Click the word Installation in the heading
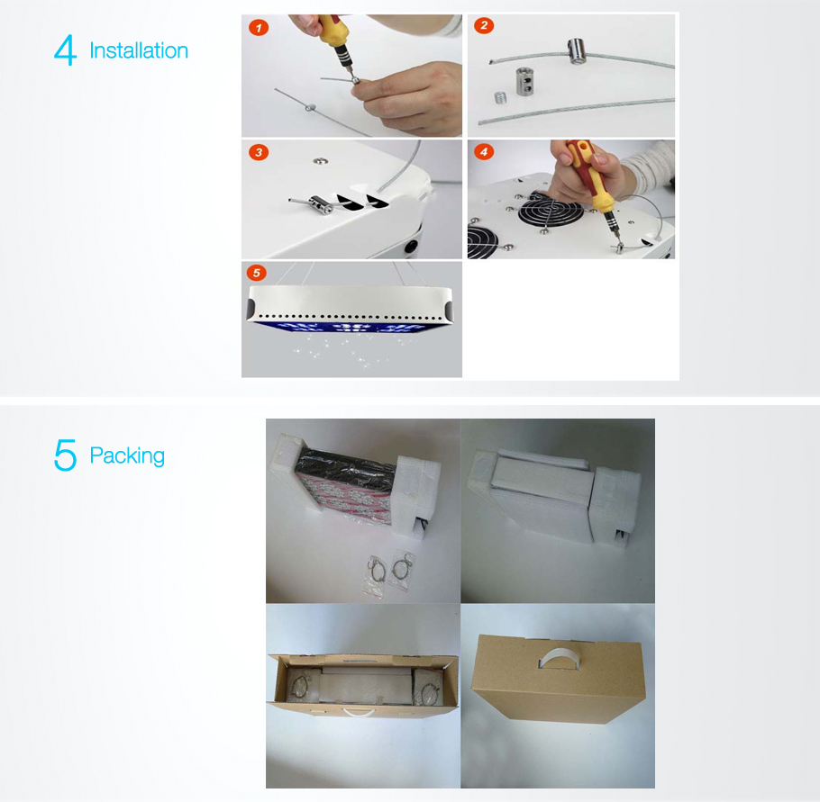[139, 50]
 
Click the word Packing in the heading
[127, 456]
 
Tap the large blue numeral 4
[66, 50]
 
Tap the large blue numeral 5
[66, 455]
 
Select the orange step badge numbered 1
[259, 27]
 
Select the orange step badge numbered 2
[484, 25]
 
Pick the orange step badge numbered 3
[259, 152]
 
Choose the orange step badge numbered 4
[484, 151]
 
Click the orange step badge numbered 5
[256, 272]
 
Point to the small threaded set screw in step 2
[501, 97]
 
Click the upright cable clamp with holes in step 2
[524, 81]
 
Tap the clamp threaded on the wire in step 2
[576, 51]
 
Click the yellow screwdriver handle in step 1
[333, 33]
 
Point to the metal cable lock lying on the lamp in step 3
[321, 203]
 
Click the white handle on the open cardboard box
[359, 712]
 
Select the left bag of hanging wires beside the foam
[376, 575]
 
